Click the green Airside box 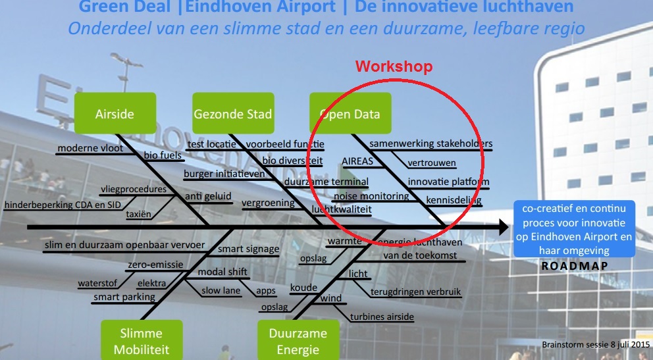click(x=115, y=113)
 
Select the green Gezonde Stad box click(x=232, y=113)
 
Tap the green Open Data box click(x=350, y=113)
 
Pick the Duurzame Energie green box click(x=298, y=340)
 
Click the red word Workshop click(x=394, y=66)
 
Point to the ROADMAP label click(x=574, y=266)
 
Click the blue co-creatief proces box click(x=574, y=229)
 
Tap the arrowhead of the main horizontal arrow click(x=503, y=227)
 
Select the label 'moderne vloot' click(x=90, y=148)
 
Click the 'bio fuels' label click(x=163, y=155)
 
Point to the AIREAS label click(x=357, y=161)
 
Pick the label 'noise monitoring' click(x=371, y=195)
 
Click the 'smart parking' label click(x=124, y=297)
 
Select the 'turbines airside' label click(x=382, y=317)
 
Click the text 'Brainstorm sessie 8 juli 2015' click(x=596, y=344)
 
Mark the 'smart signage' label click(x=248, y=249)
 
